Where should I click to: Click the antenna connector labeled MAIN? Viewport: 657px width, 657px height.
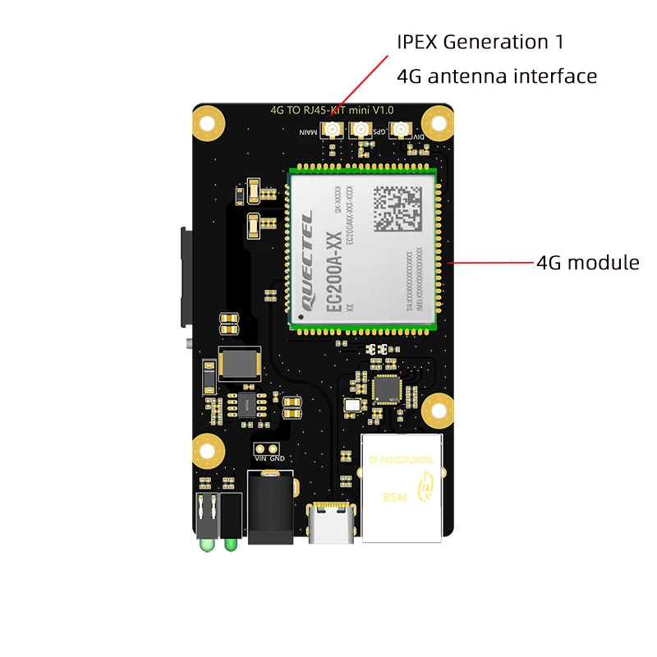tap(334, 130)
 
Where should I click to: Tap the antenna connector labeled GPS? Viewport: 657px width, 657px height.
tap(360, 130)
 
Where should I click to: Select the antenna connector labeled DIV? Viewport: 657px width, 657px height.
tap(400, 130)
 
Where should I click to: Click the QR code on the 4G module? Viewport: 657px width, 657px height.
tap(396, 208)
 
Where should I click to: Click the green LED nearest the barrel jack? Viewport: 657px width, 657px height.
tap(231, 543)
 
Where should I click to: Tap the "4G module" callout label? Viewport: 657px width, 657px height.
tap(587, 263)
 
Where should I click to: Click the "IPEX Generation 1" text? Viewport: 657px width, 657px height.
tap(480, 42)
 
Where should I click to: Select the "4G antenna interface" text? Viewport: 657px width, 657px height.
tap(496, 76)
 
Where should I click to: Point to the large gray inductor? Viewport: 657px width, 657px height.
tap(239, 364)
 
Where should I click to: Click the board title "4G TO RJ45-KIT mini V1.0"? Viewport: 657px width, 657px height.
tap(332, 109)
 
